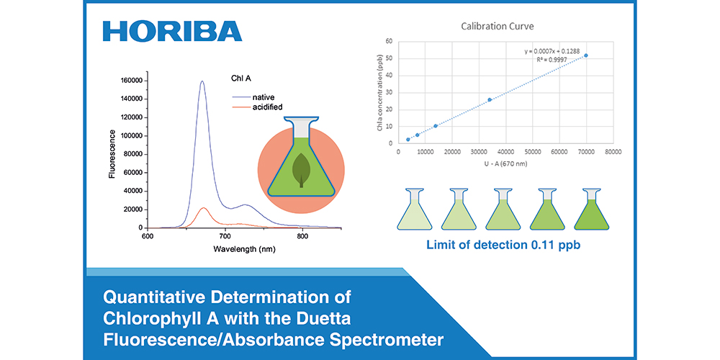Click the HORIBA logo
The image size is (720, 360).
tap(173, 31)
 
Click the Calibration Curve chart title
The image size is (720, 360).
tap(498, 27)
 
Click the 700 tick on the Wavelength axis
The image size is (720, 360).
tap(225, 236)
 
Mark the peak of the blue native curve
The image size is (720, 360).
tap(202, 81)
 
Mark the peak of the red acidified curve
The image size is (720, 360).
tap(204, 208)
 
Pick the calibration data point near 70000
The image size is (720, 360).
tap(586, 55)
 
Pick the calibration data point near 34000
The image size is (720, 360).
tap(490, 100)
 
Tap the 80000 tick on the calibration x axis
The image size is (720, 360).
tap(613, 152)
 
